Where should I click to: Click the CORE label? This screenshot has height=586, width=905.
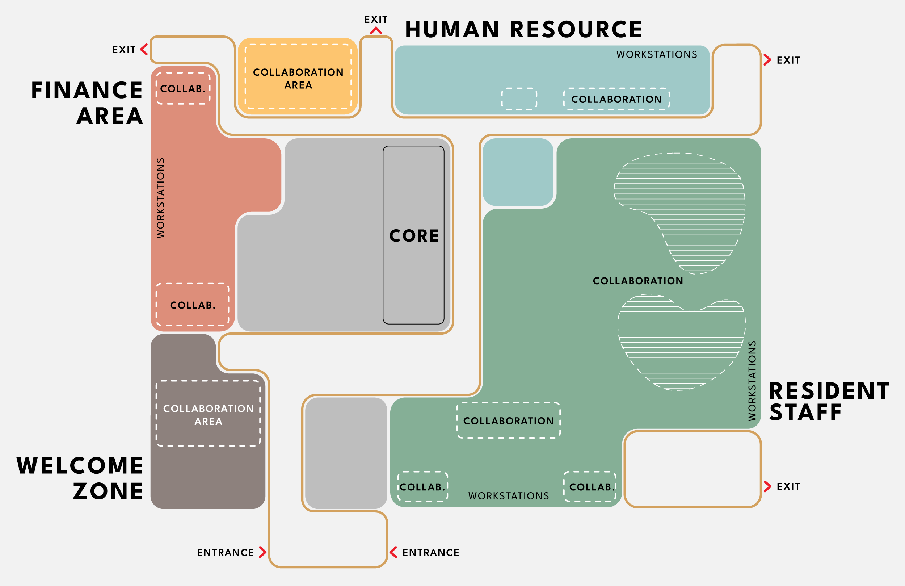pyautogui.click(x=414, y=235)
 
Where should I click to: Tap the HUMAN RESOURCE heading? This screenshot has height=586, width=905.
pyautogui.click(x=523, y=29)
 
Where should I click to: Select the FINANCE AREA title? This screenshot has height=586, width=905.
pyautogui.click(x=87, y=103)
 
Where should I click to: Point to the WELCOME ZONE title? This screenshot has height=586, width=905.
pyautogui.click(x=80, y=478)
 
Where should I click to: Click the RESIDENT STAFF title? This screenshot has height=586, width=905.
pyautogui.click(x=829, y=401)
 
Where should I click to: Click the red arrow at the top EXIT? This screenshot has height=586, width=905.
pyautogui.click(x=376, y=30)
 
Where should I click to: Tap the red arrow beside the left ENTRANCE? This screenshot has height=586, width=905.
pyautogui.click(x=263, y=552)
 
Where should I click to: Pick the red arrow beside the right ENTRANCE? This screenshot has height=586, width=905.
pyautogui.click(x=393, y=552)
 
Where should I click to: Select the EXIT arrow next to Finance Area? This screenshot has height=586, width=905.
pyautogui.click(x=144, y=50)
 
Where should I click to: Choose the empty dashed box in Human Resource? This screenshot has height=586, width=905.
pyautogui.click(x=519, y=99)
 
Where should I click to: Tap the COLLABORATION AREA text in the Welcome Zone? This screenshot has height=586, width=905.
pyautogui.click(x=209, y=415)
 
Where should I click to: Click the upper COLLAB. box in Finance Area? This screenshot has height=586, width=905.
pyautogui.click(x=183, y=88)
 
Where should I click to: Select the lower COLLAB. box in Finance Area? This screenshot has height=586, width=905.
pyautogui.click(x=193, y=305)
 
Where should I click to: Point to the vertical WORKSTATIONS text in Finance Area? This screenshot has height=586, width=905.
pyautogui.click(x=161, y=198)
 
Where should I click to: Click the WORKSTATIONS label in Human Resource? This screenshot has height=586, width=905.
pyautogui.click(x=657, y=54)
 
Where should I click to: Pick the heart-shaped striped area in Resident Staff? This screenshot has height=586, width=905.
pyautogui.click(x=681, y=342)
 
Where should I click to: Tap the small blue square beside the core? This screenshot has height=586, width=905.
pyautogui.click(x=518, y=172)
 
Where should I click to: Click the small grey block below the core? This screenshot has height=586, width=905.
pyautogui.click(x=346, y=453)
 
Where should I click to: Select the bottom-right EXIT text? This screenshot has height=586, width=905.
pyautogui.click(x=788, y=486)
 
